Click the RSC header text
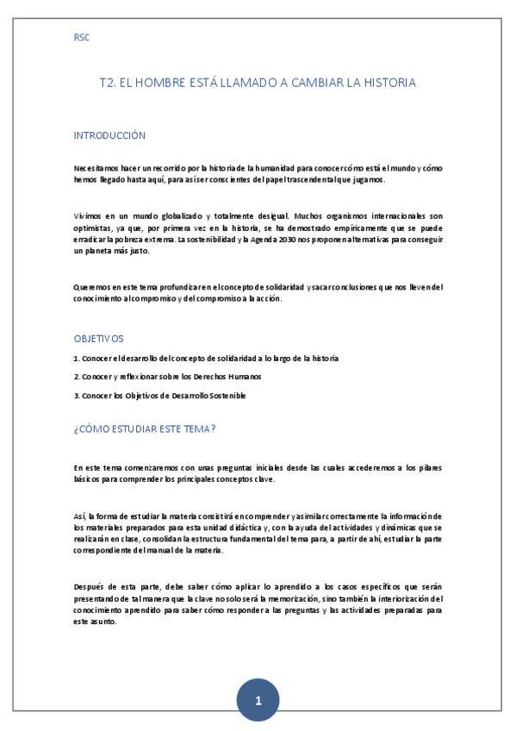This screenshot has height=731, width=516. [82, 37]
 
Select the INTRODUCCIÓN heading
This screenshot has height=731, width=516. [109, 135]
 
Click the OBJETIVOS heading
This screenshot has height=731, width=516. [98, 339]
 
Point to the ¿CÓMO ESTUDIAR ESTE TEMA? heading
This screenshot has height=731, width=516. [144, 429]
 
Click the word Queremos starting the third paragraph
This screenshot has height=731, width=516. [90, 286]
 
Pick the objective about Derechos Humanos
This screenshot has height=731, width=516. [168, 377]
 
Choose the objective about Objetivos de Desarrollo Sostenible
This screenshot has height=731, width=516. [159, 396]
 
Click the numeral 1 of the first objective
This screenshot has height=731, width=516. [76, 358]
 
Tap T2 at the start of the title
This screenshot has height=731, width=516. [107, 83]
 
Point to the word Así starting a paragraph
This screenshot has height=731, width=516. [79, 515]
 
